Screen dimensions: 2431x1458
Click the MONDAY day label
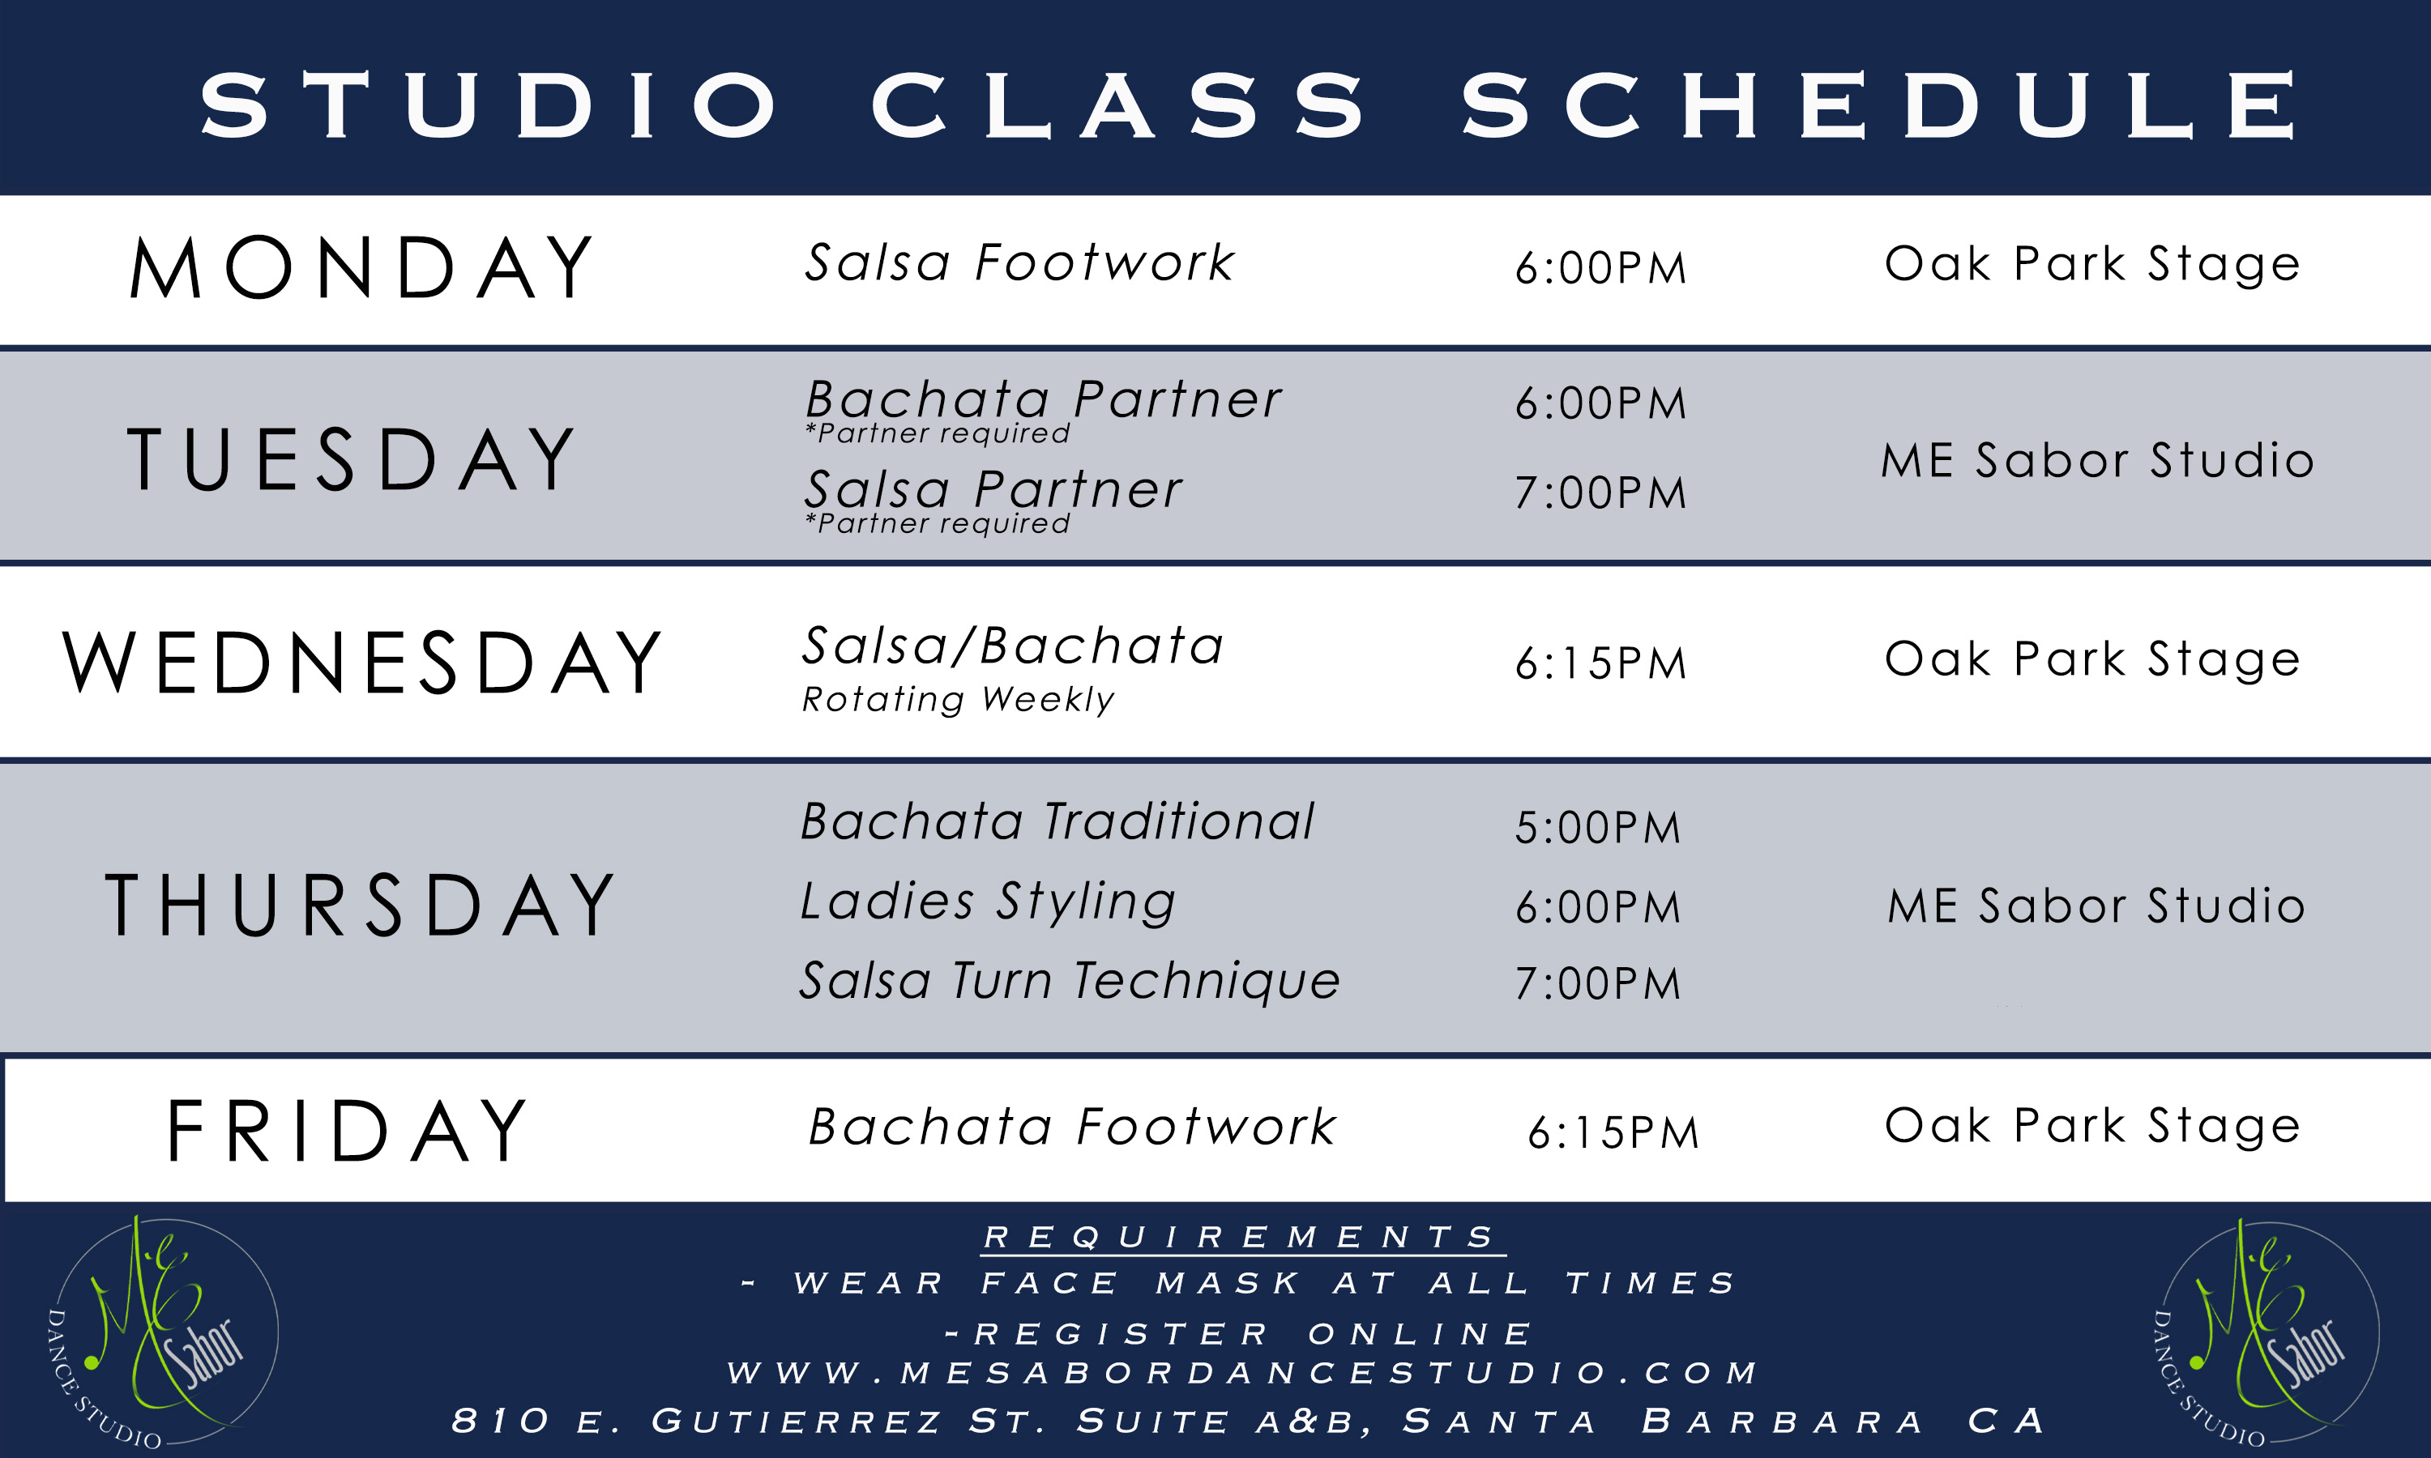(361, 267)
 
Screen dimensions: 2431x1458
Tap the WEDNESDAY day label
(361, 663)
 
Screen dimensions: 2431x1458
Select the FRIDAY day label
(347, 1131)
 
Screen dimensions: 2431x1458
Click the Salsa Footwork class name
(1019, 262)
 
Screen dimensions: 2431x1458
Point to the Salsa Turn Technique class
(1069, 981)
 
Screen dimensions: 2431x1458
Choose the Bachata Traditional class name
(1057, 821)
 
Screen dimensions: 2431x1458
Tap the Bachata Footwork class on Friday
(1071, 1127)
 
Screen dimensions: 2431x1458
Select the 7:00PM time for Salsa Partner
(1600, 493)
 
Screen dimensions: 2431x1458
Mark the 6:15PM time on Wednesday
(1600, 664)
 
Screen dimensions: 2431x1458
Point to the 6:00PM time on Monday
(1600, 268)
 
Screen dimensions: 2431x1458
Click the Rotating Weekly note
(958, 700)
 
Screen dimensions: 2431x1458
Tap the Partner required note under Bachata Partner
(938, 433)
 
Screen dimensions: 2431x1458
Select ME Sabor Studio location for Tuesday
(2097, 461)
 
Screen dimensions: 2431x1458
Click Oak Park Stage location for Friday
(2092, 1126)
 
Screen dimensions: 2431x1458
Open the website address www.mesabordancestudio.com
(1242, 1372)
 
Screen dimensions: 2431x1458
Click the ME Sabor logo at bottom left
(162, 1332)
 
